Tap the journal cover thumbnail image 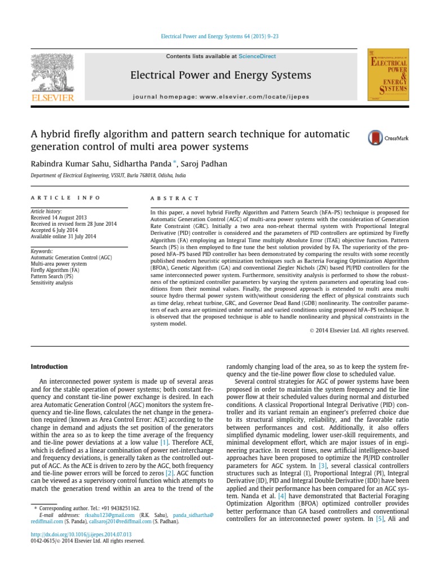pyautogui.click(x=388, y=75)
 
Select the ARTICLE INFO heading pyautogui.click(x=65, y=198)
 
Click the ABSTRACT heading pyautogui.click(x=175, y=199)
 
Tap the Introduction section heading pyautogui.click(x=49, y=366)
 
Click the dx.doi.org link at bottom pyautogui.click(x=81, y=534)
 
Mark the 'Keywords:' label pyautogui.click(x=42, y=251)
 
